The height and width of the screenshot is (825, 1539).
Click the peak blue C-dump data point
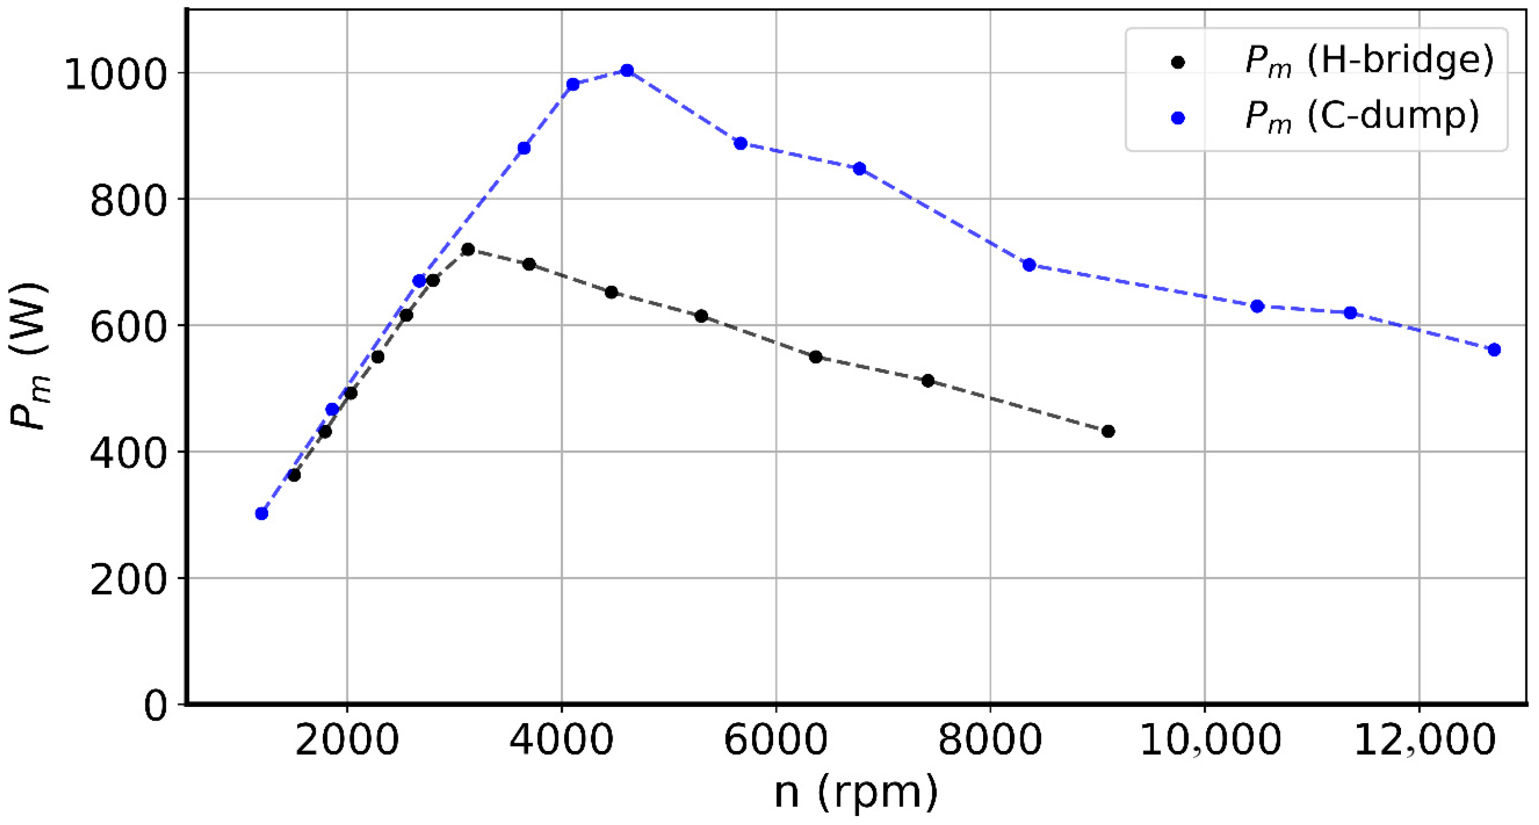point(627,70)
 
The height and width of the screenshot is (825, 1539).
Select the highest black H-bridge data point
point(468,249)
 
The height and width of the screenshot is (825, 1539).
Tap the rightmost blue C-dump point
point(1494,350)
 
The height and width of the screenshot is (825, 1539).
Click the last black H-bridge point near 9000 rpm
point(1108,431)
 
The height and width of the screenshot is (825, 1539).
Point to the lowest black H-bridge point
point(294,475)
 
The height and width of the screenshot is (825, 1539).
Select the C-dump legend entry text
point(1362,116)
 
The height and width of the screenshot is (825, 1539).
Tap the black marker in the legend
point(1178,62)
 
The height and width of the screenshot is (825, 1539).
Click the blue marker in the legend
point(1178,118)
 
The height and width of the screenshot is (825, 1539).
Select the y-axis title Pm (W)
point(30,356)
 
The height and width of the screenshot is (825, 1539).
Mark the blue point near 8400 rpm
point(1029,265)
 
